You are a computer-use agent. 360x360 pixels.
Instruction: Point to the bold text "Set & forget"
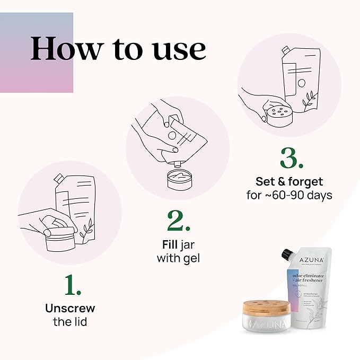click(289, 182)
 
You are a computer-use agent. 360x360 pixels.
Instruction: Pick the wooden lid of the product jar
click(266, 309)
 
